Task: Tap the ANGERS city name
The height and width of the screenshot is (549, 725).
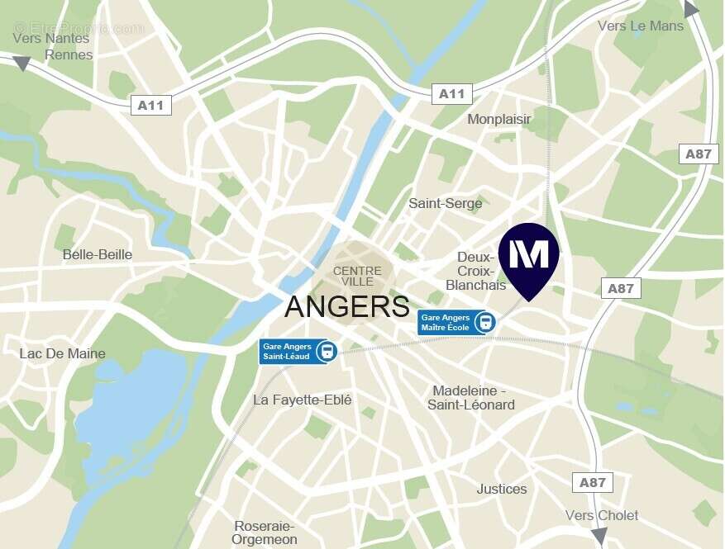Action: [347, 306]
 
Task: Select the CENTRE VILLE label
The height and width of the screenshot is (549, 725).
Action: [357, 277]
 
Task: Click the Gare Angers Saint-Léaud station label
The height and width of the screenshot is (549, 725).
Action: [287, 351]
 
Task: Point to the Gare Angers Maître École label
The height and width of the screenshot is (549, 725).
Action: [445, 322]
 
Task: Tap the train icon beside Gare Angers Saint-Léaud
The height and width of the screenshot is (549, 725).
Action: [327, 351]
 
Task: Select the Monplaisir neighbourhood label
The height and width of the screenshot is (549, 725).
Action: [499, 120]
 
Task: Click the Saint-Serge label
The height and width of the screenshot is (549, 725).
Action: [446, 203]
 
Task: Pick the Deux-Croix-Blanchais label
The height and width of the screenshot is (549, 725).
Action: [476, 271]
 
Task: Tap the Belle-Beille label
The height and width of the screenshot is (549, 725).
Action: [98, 254]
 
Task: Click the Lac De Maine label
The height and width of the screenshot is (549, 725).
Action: [63, 353]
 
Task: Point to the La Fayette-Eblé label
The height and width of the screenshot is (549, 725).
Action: [303, 400]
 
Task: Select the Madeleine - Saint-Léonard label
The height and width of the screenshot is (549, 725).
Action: [471, 397]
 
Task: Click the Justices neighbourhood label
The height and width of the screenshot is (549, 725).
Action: [502, 489]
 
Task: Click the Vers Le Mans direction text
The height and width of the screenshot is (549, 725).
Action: [641, 26]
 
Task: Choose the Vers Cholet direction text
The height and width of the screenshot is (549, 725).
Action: [602, 515]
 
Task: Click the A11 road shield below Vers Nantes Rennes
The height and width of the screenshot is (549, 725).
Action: [150, 105]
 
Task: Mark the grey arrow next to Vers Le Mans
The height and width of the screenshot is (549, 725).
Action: [691, 9]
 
